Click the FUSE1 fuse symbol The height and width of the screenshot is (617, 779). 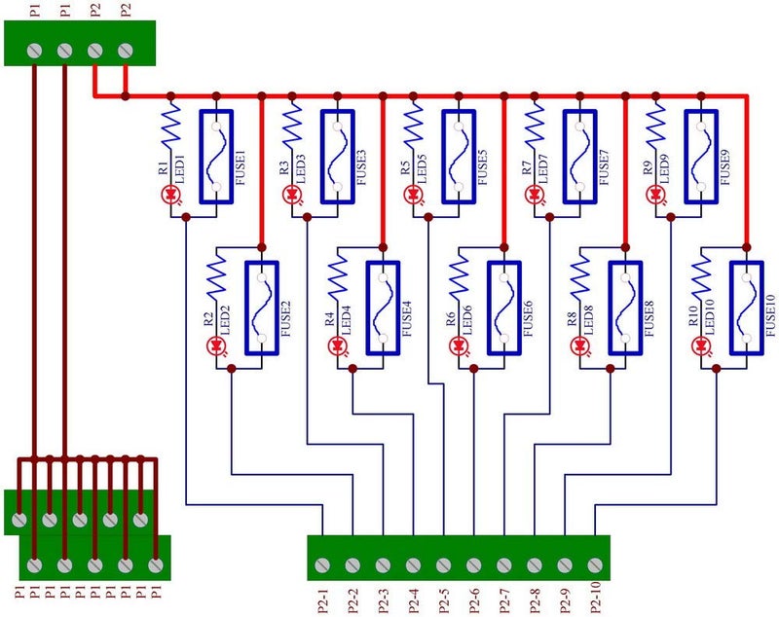coord(215,157)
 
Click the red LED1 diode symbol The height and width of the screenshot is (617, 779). coord(171,195)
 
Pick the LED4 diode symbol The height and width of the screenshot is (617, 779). coord(339,345)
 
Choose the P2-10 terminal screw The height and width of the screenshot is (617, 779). coord(594,564)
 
